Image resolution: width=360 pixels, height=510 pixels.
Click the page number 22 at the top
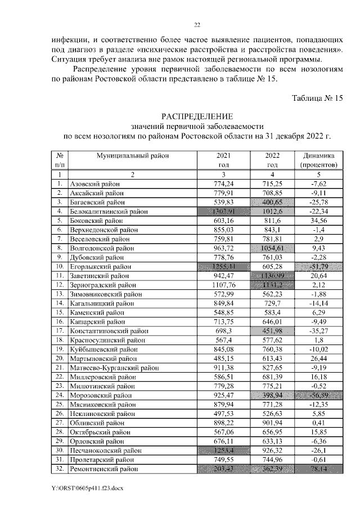click(x=197, y=25)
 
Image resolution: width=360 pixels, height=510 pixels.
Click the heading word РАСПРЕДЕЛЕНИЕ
click(x=196, y=115)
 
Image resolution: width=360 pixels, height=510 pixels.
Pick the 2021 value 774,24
click(x=223, y=184)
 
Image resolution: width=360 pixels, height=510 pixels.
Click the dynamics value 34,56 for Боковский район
click(x=319, y=220)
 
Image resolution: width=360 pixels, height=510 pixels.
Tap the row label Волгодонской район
click(x=101, y=248)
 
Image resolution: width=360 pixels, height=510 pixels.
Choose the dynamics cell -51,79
click(x=319, y=266)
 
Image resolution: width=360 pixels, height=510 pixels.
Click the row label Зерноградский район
click(x=102, y=284)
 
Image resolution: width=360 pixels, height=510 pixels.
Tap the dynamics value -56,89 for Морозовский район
click(x=319, y=395)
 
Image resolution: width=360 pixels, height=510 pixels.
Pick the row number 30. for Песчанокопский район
click(x=59, y=450)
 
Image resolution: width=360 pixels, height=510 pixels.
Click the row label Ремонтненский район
click(x=103, y=468)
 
